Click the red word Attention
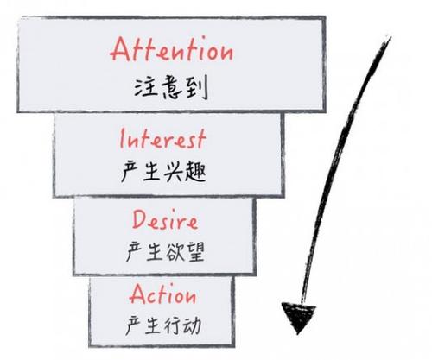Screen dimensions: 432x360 [172, 49]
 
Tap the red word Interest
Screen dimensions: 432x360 [163, 139]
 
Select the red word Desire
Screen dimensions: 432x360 [165, 220]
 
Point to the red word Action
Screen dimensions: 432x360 [162, 294]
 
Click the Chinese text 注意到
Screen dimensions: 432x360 [171, 87]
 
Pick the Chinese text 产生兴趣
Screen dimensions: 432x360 [163, 172]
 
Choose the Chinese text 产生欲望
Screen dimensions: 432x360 [165, 252]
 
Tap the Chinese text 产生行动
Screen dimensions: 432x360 [163, 325]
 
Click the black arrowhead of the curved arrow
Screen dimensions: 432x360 [298, 316]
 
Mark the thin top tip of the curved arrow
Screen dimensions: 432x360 [390, 37]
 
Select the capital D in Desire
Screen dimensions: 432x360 [140, 219]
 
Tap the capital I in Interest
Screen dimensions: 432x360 [122, 139]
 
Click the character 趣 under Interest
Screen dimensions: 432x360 [196, 172]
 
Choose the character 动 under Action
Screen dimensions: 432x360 [192, 325]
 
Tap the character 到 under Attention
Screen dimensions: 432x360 [197, 88]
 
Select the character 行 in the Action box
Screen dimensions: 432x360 [173, 325]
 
